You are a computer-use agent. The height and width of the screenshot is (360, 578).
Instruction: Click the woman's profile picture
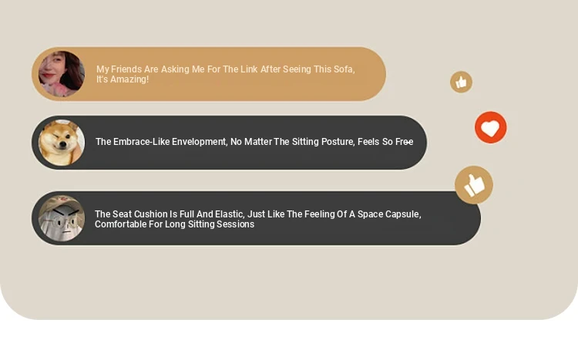pos(62,74)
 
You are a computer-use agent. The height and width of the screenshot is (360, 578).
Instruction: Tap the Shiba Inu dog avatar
pos(62,143)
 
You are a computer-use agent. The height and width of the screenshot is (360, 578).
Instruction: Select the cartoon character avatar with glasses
pos(62,218)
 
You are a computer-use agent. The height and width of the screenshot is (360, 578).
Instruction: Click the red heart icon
pos(491,127)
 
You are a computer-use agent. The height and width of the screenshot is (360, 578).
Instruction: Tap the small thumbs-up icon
pos(461,82)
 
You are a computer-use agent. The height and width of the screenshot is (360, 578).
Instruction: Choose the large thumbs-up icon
pos(474,185)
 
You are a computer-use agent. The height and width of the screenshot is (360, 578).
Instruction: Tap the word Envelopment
pos(199,142)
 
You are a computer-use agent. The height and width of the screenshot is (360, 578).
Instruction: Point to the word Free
pos(404,142)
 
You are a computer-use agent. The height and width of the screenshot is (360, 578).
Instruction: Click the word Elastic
pos(229,214)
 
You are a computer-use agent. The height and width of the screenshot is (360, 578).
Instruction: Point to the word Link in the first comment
pos(249,69)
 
